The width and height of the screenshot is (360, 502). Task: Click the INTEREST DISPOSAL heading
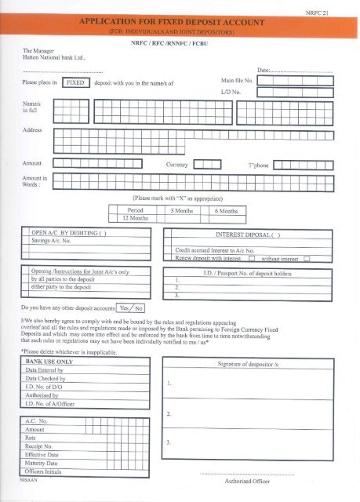pyautogui.click(x=248, y=233)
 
